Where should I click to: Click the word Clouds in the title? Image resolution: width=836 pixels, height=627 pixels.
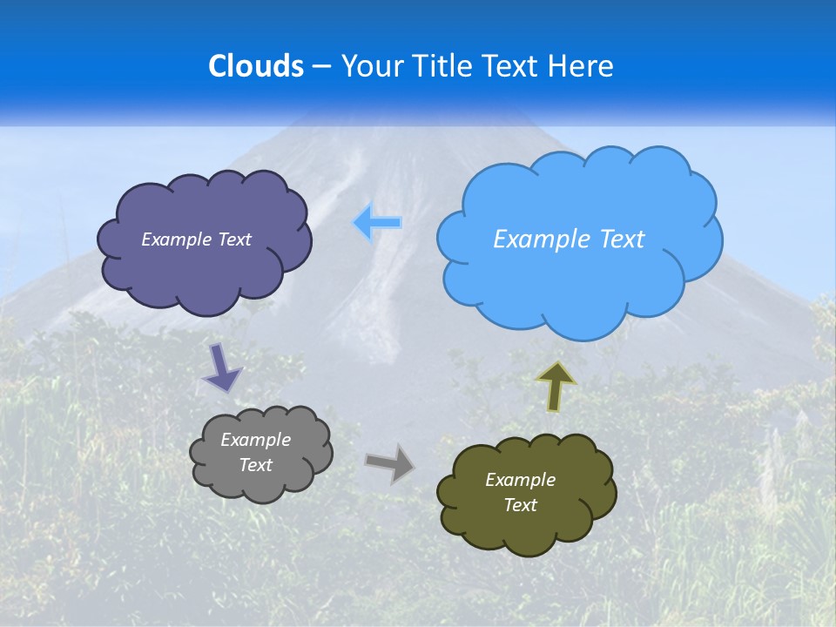[256, 66]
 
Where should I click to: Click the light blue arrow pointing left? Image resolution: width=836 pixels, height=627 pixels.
[378, 223]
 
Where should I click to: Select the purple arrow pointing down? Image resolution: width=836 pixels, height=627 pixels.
[222, 367]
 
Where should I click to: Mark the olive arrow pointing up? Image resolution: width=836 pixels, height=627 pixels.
[556, 386]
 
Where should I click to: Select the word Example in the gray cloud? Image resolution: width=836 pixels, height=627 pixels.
[256, 440]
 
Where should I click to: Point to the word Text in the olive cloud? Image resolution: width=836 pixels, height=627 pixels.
[520, 505]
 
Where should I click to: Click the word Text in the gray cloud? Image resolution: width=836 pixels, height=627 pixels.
[256, 465]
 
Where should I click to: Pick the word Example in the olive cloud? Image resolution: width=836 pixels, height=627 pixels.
[520, 480]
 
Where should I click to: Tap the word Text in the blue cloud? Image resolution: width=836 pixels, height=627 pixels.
[622, 239]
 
